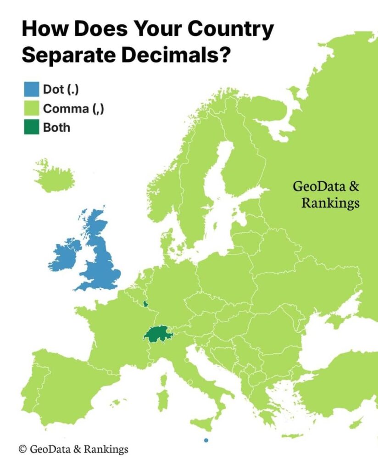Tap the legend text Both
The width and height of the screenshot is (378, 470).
point(56,128)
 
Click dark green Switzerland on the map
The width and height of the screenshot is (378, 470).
point(158,334)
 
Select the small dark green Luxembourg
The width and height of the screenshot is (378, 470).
point(146,303)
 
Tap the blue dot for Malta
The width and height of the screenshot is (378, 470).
point(206,441)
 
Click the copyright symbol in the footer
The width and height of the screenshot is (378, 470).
point(22,449)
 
